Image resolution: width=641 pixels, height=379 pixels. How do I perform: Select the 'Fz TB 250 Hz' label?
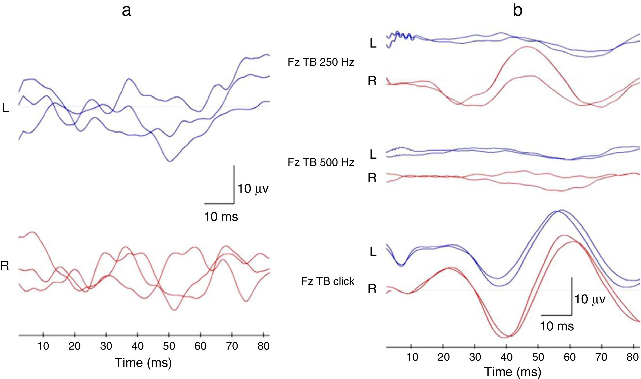[321, 62]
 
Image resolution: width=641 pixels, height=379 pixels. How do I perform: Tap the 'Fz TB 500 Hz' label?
[321, 163]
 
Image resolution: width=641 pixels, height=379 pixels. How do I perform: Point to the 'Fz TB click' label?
[327, 282]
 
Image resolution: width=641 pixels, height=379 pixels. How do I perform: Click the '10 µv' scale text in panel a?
[253, 189]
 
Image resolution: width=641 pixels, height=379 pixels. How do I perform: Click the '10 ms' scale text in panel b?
[557, 326]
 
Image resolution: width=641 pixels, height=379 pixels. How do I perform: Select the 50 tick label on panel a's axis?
[169, 346]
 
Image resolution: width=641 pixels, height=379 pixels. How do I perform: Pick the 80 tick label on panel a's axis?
[263, 346]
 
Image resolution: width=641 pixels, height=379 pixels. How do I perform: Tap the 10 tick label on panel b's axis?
[412, 357]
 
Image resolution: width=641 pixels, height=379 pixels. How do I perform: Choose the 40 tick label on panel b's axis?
[506, 357]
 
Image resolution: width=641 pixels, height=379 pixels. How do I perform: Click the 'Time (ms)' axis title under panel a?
[143, 363]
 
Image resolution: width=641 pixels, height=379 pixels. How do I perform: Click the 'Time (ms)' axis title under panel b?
[512, 372]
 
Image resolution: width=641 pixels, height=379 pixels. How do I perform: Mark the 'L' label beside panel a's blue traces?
[6, 108]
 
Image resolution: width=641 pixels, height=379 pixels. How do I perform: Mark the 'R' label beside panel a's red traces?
[5, 266]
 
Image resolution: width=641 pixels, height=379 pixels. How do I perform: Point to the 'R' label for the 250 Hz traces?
[372, 81]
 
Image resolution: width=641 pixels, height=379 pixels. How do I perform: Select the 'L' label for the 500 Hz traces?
[373, 155]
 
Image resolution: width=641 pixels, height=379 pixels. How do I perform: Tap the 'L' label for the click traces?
[373, 252]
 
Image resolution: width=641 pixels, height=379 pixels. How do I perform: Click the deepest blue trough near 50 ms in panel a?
[170, 161]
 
